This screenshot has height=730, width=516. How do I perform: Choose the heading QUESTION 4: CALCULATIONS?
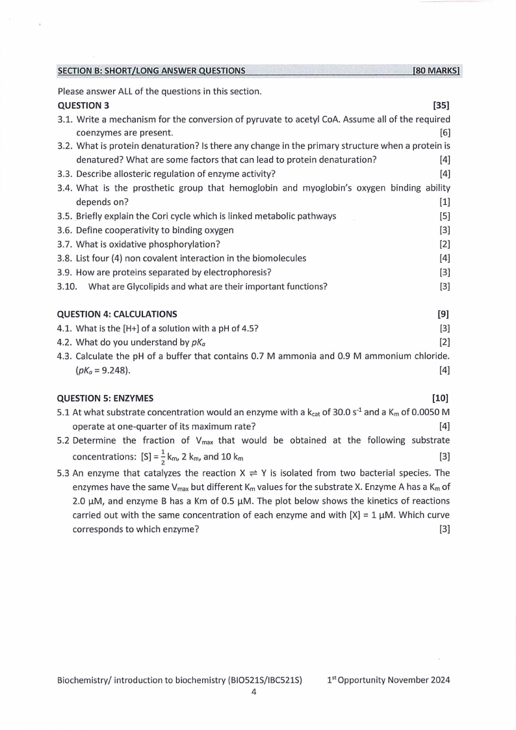pos(117,314)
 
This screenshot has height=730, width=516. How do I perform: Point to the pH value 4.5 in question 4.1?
pos(249,328)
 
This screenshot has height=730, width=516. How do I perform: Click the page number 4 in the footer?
pos(254,692)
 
